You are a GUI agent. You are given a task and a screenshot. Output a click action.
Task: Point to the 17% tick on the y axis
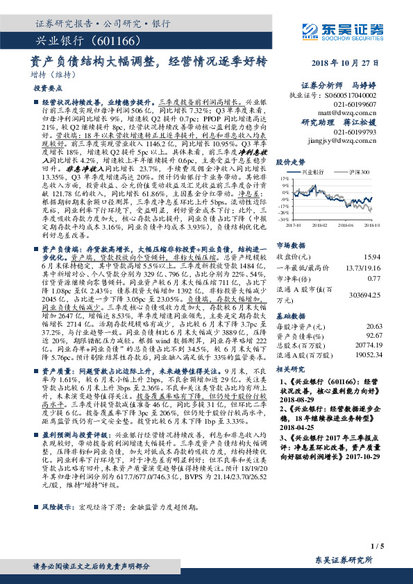coord(284,178)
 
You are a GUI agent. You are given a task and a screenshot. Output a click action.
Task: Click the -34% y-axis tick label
coord(283,219)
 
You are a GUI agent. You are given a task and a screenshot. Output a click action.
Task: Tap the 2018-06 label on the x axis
coord(346,225)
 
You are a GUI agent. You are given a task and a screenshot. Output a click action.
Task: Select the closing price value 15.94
coord(373,257)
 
